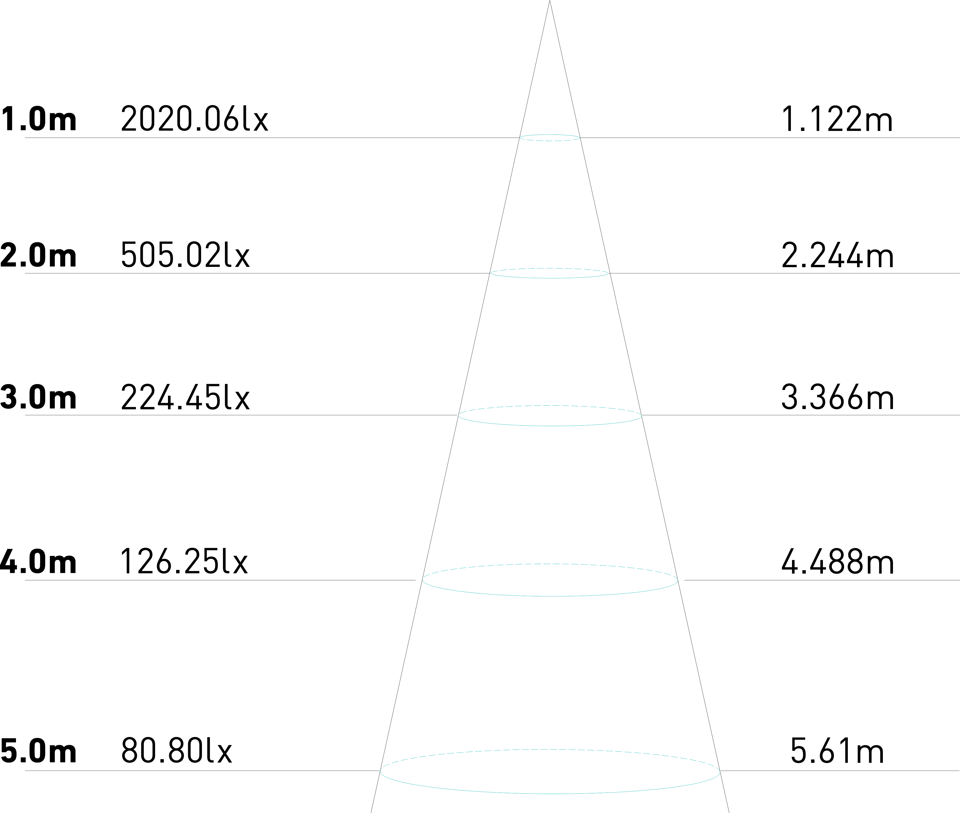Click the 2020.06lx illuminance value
(194, 119)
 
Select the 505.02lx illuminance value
(185, 255)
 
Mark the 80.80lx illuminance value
(177, 751)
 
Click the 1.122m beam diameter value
(837, 119)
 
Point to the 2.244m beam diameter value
(837, 255)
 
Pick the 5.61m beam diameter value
(837, 751)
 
